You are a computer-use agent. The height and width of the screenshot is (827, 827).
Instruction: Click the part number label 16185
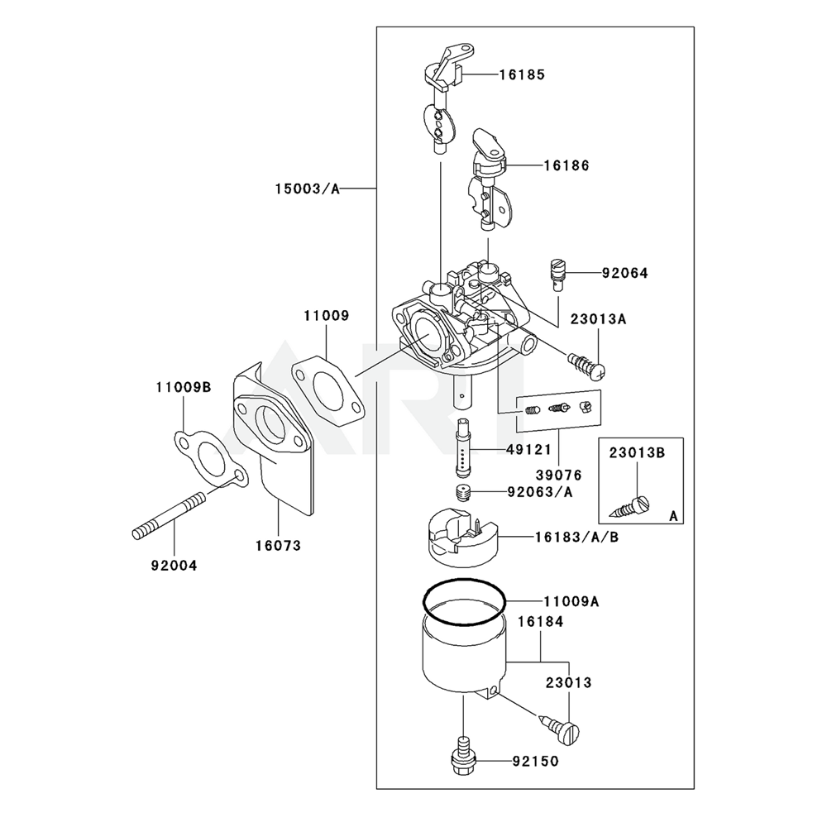(521, 74)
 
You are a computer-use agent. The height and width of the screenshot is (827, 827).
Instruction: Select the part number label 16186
(566, 165)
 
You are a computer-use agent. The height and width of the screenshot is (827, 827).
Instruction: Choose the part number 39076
(558, 476)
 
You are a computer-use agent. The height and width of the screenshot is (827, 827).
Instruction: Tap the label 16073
(277, 546)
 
